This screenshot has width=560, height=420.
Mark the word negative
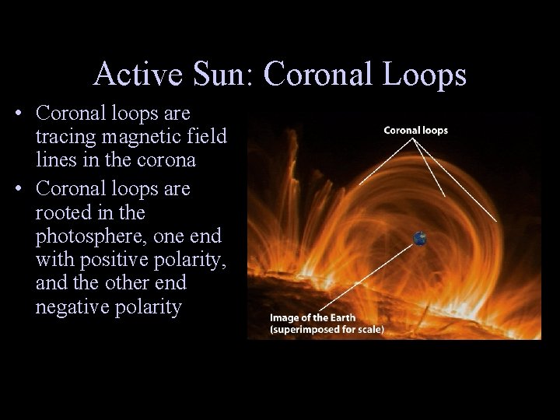click(68, 307)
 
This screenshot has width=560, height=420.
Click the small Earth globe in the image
click(421, 239)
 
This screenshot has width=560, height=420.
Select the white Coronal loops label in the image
click(416, 130)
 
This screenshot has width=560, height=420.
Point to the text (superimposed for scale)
click(326, 329)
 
